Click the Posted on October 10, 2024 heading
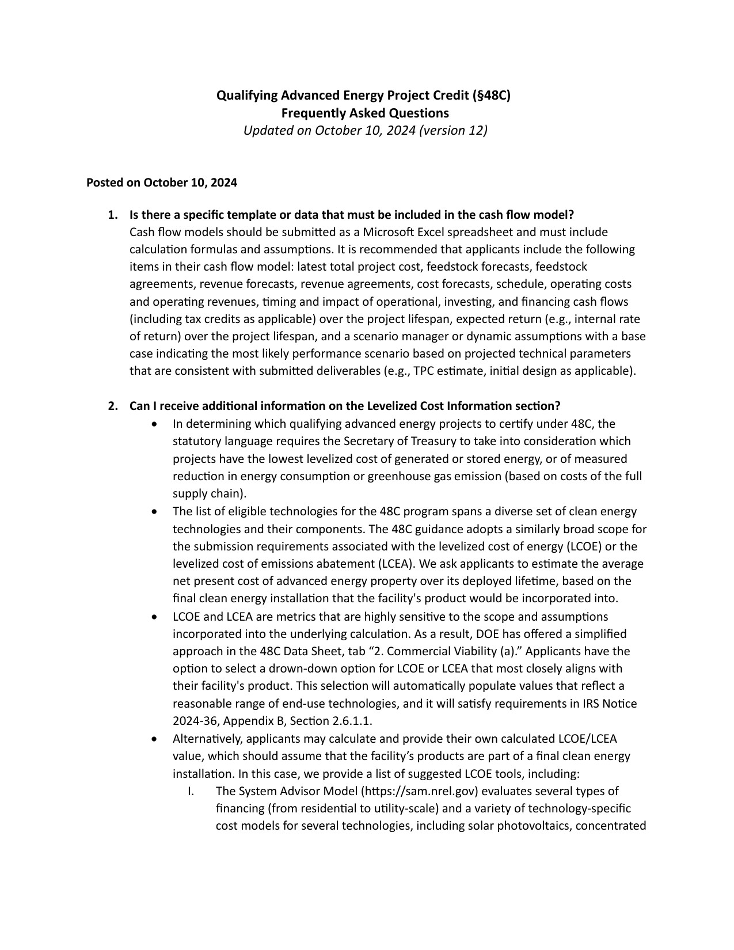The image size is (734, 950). click(162, 183)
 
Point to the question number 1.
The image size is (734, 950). click(113, 215)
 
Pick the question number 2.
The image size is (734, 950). click(113, 406)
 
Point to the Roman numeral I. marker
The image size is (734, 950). click(190, 791)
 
